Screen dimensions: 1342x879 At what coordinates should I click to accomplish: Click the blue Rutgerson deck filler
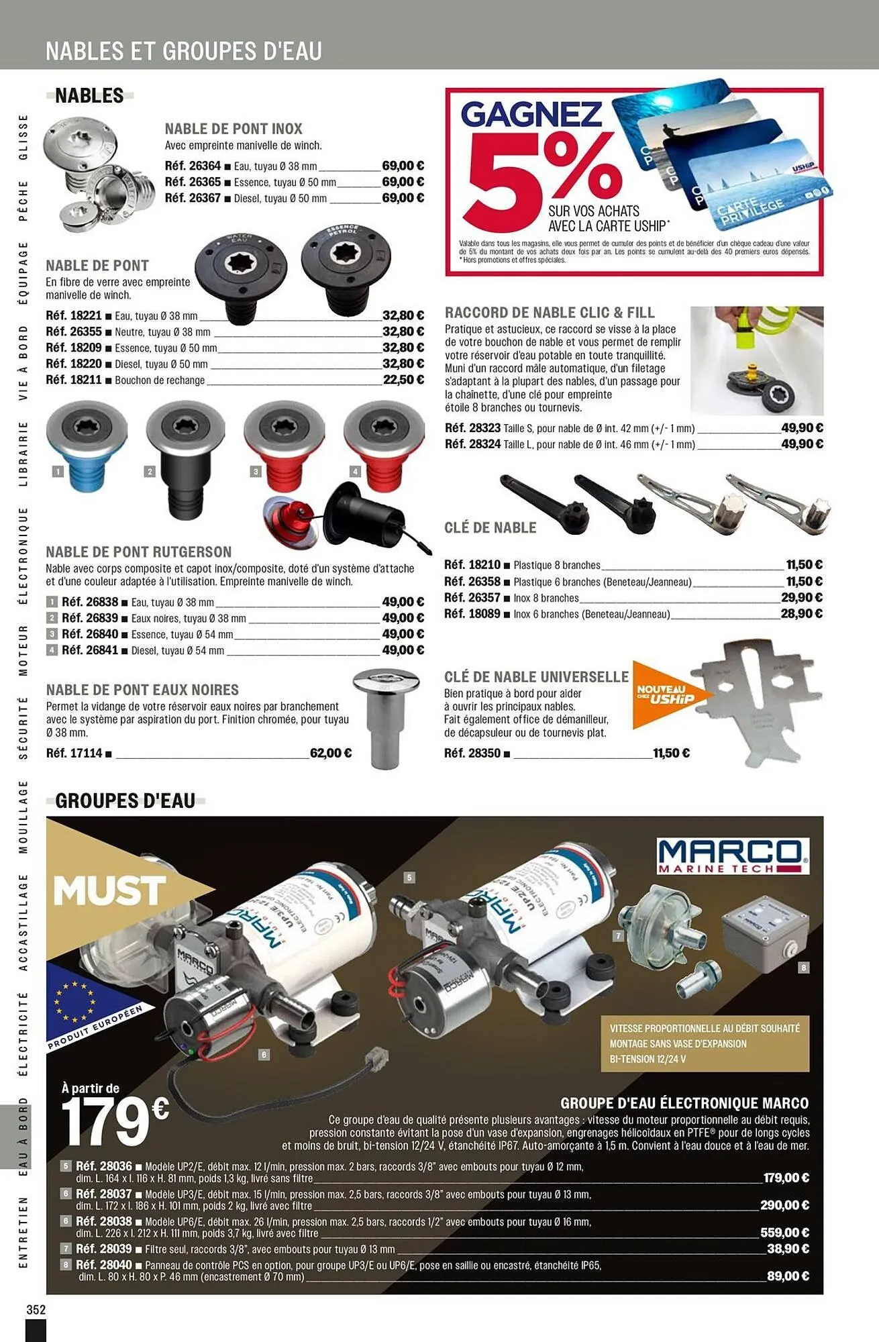coord(86,446)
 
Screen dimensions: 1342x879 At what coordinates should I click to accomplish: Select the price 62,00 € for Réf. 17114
coord(330,753)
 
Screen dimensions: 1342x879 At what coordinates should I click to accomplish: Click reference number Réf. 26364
coord(193,166)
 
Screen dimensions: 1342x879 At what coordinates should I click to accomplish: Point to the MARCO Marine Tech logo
coord(733,856)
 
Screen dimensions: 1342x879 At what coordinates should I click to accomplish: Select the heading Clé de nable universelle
coord(536,676)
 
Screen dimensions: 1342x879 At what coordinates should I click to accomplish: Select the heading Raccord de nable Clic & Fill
coord(550,313)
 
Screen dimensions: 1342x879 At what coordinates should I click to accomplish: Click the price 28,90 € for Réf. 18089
coord(801,613)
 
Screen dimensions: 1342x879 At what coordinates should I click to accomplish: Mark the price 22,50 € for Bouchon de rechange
coord(403,380)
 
